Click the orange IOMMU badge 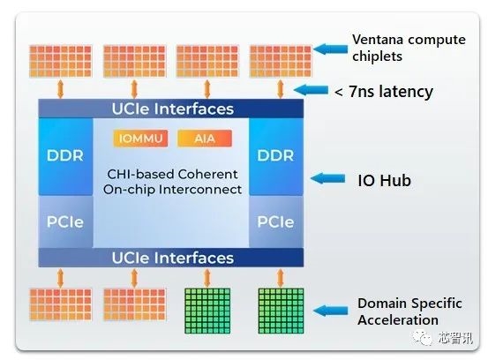coord(140,139)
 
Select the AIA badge coord(204,139)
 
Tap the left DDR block coord(65,155)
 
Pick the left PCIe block coord(65,221)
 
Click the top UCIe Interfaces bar coord(171,109)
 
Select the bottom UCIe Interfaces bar coord(171,257)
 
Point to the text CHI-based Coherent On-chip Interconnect coord(171,182)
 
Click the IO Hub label coord(383,180)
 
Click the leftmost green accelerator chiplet coord(206,309)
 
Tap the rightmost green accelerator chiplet coord(280,309)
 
